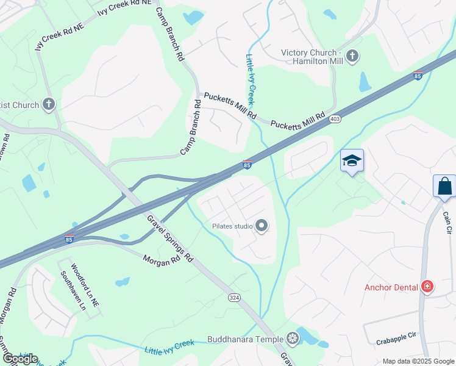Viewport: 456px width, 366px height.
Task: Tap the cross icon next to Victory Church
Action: pos(352,57)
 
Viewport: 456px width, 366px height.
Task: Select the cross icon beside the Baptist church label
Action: pos(49,105)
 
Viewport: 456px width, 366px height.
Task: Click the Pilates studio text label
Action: pos(232,226)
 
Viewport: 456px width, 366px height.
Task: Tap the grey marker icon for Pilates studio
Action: pos(262,226)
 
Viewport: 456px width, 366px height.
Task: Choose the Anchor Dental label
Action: pos(391,287)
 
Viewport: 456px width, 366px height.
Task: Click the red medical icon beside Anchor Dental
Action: pos(427,287)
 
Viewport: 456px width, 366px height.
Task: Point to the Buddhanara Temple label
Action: pos(245,339)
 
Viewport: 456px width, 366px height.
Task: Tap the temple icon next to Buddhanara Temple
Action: pos(293,339)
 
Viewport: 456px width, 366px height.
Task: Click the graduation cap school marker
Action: pos(352,161)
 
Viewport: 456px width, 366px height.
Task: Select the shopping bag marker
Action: pos(444,186)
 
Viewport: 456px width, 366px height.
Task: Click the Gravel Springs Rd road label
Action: pos(170,238)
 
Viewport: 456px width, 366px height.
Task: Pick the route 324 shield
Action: pos(234,297)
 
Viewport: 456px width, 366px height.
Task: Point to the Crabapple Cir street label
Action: pos(396,335)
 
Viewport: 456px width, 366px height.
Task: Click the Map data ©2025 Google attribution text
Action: pos(418,361)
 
